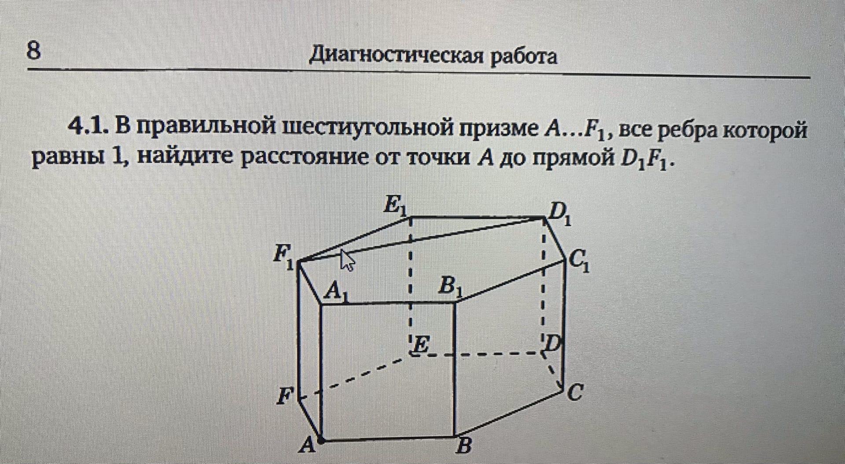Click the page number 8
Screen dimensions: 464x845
tap(34, 51)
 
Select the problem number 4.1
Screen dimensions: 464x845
tap(87, 128)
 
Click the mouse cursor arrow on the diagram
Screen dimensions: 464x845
tap(347, 260)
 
